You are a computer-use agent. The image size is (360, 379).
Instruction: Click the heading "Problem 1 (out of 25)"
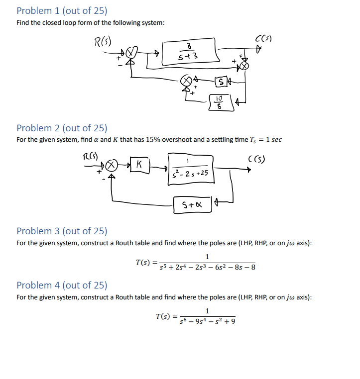[x=62, y=10]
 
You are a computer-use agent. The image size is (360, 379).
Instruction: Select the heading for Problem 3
[x=62, y=231]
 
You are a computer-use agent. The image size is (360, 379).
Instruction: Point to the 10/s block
[x=220, y=102]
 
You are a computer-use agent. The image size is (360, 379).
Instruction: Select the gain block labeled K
[x=140, y=163]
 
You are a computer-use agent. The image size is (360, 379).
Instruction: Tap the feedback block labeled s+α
[x=192, y=204]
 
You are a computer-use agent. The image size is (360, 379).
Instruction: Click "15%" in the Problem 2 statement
[x=151, y=139]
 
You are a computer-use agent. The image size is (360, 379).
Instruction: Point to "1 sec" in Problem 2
[x=272, y=139]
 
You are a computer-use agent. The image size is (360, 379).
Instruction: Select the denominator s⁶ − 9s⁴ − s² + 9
[x=207, y=321]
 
